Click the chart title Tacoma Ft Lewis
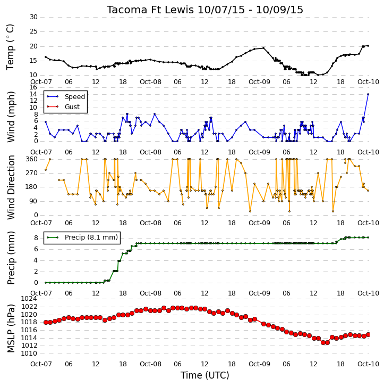coord(150,10)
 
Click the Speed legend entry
coord(75,97)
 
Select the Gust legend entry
coord(72,107)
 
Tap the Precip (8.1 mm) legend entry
coord(91,237)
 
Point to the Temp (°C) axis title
coord(10,47)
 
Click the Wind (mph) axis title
coord(11,117)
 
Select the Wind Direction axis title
coord(11,187)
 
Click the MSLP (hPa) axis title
coord(11,328)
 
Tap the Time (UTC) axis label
coord(205,375)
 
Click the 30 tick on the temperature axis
coord(33,17)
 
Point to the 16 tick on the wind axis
coord(33,87)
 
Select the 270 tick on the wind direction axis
coord(32,173)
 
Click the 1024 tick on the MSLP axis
coord(29,299)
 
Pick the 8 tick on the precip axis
coord(36,238)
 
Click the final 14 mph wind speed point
coord(368,94)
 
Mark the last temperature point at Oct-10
coord(368,46)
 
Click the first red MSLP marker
coord(46,322)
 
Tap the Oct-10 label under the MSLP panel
coord(368,364)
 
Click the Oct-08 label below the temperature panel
coord(150,82)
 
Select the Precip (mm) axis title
coord(11,258)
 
